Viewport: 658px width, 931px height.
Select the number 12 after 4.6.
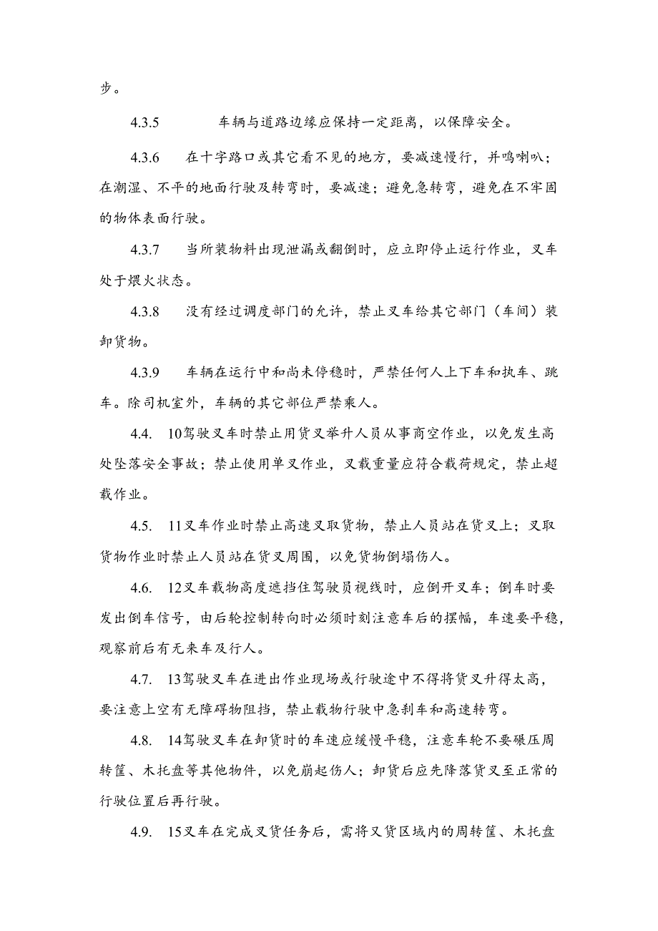coord(175,589)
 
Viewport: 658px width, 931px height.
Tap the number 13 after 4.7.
coord(175,681)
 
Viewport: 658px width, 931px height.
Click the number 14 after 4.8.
coord(175,742)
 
